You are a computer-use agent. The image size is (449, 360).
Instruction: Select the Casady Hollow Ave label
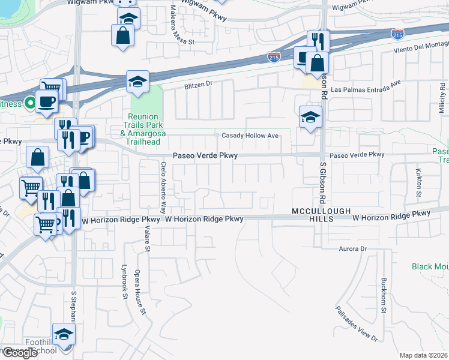(x=250, y=136)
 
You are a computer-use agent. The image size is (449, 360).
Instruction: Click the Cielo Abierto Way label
(x=163, y=187)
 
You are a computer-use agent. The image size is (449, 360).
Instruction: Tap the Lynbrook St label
(x=125, y=281)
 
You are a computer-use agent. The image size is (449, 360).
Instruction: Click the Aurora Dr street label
(x=352, y=248)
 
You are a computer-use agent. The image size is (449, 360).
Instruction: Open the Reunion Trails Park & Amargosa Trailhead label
(x=143, y=130)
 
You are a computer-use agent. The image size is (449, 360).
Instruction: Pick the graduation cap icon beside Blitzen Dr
(x=137, y=82)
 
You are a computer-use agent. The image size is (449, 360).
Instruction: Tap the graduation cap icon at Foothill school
(x=64, y=334)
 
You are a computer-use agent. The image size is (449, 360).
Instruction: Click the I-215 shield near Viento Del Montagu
(x=397, y=34)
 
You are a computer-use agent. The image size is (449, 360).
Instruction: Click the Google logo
(x=20, y=353)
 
